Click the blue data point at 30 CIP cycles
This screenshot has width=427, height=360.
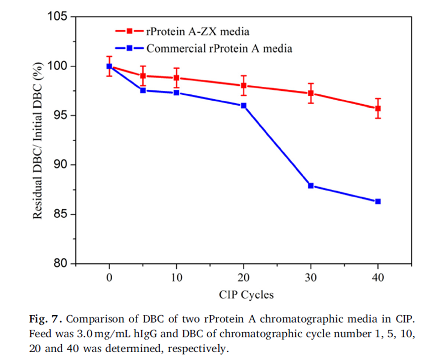[311, 186]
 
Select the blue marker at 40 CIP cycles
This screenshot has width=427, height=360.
[378, 201]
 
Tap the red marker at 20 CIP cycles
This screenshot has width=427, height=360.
[243, 85]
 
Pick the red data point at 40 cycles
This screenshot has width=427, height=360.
[378, 108]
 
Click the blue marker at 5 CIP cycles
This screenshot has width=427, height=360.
[143, 90]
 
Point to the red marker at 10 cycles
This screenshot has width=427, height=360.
[176, 78]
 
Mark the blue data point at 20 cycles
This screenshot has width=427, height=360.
[243, 105]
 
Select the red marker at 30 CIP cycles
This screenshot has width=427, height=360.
[311, 93]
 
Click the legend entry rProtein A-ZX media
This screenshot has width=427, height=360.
[197, 32]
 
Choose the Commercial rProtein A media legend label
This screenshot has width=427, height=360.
[219, 48]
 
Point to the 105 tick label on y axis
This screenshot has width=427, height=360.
[58, 17]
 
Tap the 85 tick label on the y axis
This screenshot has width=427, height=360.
[61, 214]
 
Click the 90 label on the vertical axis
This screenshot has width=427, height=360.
[61, 165]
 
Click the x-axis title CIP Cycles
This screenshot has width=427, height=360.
[246, 295]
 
